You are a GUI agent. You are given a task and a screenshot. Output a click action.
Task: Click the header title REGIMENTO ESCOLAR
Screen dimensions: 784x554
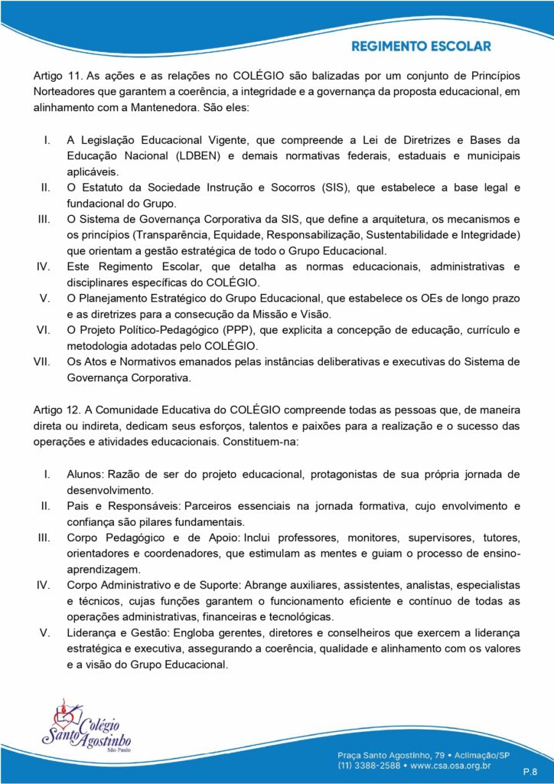[421, 47]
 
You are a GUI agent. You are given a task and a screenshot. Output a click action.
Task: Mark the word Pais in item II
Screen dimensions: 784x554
[78, 506]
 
